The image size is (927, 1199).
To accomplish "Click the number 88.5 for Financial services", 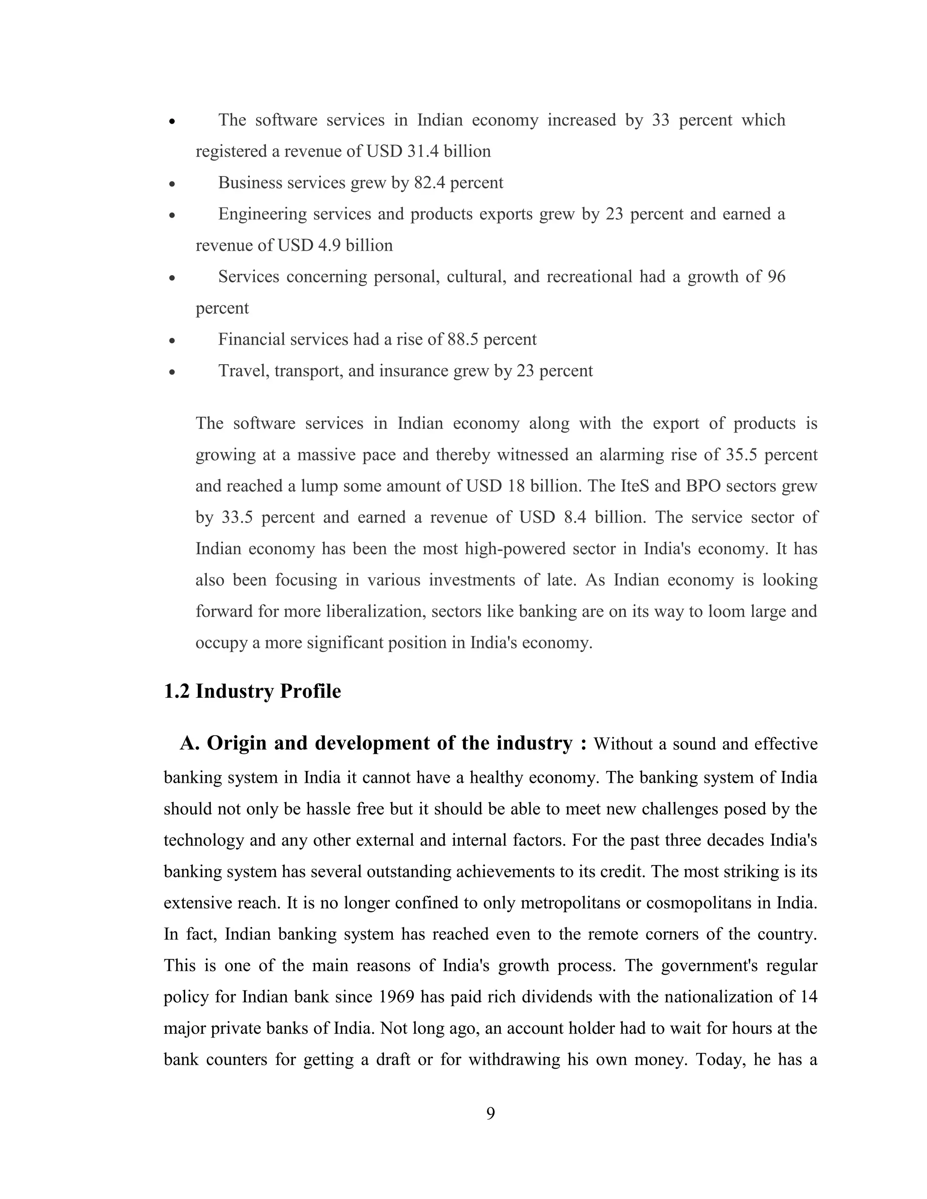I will [x=463, y=339].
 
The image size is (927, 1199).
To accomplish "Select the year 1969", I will [x=397, y=996].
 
